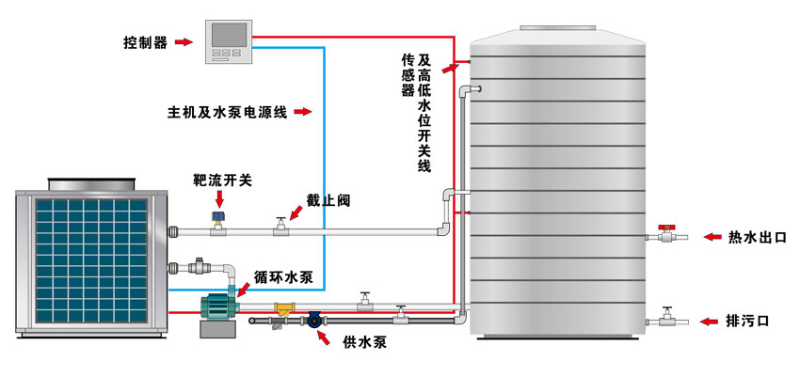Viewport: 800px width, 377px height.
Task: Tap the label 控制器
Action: pos(147,41)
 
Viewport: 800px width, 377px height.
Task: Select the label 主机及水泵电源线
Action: pos(227,112)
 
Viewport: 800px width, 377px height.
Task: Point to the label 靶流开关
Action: pos(222,179)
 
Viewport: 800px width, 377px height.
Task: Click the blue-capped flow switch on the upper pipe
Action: pos(219,222)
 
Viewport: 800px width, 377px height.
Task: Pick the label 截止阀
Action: pos(326,199)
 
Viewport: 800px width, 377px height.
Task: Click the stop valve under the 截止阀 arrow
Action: pos(280,227)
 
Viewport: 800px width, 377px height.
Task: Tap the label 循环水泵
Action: pos(290,279)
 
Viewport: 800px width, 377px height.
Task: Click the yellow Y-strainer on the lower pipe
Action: pos(282,308)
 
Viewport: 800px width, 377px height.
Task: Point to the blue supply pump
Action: pos(312,321)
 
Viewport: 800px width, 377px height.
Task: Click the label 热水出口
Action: pos(757,236)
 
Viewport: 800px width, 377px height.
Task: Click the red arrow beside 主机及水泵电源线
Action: pos(301,112)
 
